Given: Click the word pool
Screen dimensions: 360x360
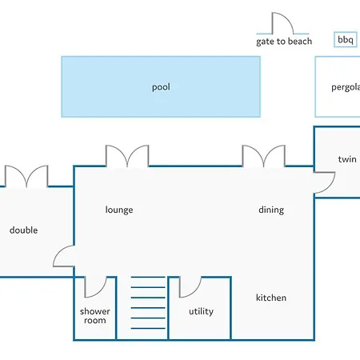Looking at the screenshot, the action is tap(161, 87).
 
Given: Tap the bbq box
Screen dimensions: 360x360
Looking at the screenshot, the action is tap(346, 40).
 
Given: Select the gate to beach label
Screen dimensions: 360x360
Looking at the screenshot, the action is tap(284, 42).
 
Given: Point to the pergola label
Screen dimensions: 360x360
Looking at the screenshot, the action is tap(346, 87).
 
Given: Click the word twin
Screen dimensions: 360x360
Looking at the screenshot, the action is tap(347, 159).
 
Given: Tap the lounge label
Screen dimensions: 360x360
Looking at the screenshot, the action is tap(119, 210).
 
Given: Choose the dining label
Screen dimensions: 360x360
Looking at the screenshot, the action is tap(271, 210).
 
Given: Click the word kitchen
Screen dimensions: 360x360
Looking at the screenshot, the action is tap(271, 298).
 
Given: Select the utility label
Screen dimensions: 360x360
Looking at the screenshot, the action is tap(201, 311).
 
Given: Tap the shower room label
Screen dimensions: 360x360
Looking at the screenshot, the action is tap(95, 316).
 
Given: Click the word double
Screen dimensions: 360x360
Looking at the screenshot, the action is tap(23, 230).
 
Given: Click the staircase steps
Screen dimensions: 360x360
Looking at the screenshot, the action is tap(148, 302).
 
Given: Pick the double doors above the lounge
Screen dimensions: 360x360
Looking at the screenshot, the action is tap(127, 156).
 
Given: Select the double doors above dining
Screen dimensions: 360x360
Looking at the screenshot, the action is tap(264, 156).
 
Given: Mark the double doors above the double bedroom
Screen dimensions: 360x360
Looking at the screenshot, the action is tap(26, 176).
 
